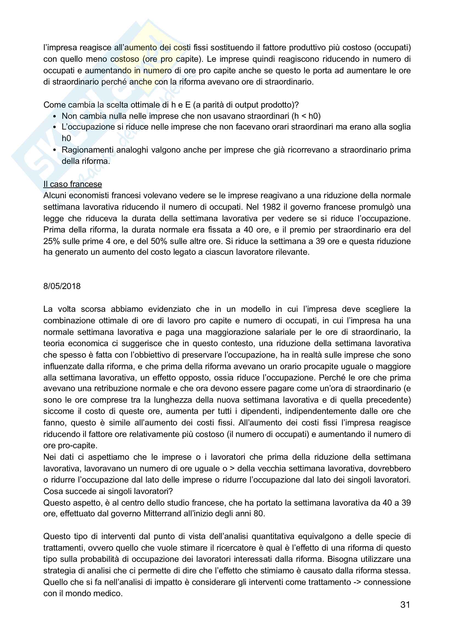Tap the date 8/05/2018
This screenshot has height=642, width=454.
point(62,286)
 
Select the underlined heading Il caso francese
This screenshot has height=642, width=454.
point(72,184)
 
